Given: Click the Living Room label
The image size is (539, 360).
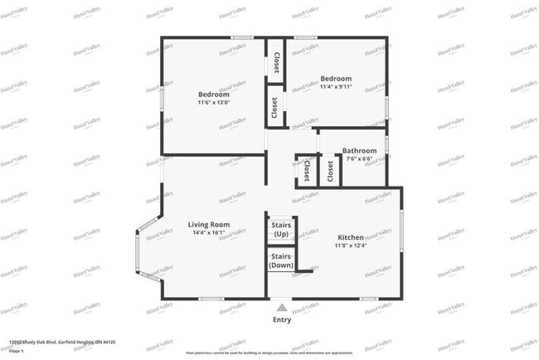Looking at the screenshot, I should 208,224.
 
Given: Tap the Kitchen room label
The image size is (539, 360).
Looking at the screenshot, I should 351,236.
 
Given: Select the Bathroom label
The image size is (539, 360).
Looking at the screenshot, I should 359,150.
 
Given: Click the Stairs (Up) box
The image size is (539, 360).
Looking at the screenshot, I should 280,228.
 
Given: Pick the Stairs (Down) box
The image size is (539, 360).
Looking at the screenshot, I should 280,260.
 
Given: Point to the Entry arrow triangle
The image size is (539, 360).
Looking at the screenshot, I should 282,304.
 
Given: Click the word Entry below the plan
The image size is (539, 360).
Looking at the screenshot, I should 282,319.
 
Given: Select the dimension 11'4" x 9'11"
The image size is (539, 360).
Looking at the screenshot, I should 337,89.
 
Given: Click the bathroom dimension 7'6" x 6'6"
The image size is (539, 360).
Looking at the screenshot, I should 359,158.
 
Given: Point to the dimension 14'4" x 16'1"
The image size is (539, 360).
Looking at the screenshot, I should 208,233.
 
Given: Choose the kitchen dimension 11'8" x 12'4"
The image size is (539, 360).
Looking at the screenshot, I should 351,246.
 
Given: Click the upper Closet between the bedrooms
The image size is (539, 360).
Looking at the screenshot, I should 275,63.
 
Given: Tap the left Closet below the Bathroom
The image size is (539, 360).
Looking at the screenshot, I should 306,171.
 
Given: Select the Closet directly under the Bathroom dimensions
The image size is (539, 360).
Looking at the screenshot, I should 330,171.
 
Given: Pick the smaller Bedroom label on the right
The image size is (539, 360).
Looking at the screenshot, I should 337,79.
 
